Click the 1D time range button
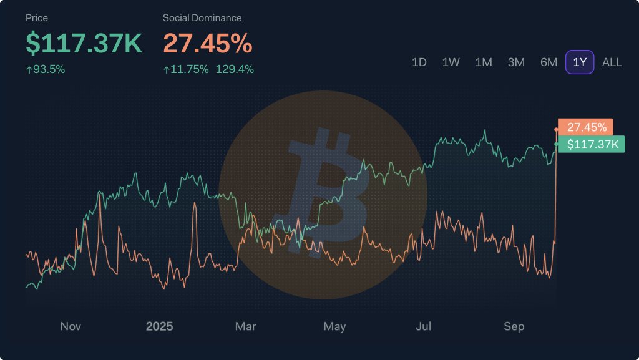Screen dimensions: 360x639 point(419,62)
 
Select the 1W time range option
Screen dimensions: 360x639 point(451,62)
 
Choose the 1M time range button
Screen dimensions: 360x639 point(484,62)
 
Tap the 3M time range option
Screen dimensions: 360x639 point(516,62)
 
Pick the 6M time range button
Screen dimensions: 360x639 point(549,62)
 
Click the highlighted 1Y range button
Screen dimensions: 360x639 point(580,62)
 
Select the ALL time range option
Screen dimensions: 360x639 point(612,62)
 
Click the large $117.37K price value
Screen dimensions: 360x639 point(84,43)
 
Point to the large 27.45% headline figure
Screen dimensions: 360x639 point(208,43)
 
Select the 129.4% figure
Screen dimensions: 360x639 point(235,69)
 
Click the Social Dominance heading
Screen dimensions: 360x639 point(202,18)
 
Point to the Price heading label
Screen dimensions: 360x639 point(37,18)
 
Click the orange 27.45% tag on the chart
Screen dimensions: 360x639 point(587,127)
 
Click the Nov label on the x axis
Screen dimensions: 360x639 point(71,326)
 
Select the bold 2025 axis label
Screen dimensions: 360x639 point(159,326)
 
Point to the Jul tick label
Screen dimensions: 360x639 point(424,326)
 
